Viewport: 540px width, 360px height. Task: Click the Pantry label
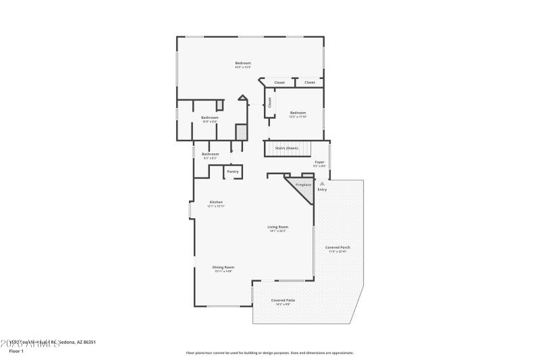(232, 172)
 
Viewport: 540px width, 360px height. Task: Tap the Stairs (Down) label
(287, 148)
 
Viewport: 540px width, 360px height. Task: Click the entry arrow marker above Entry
(322, 183)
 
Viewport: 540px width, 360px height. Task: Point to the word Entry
(322, 189)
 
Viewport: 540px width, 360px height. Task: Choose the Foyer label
(320, 162)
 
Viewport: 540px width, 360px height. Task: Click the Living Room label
(277, 227)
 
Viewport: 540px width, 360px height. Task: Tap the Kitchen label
(216, 202)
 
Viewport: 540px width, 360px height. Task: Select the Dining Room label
(223, 267)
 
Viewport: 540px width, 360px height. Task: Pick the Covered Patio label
(283, 300)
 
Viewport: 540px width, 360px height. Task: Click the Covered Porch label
(337, 247)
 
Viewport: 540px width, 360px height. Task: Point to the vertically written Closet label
(269, 103)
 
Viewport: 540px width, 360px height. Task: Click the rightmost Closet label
(309, 82)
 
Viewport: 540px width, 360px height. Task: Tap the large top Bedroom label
(243, 63)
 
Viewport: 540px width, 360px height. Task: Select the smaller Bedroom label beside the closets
(298, 113)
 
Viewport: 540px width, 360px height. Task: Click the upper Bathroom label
(209, 118)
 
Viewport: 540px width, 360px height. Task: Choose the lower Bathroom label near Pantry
(210, 154)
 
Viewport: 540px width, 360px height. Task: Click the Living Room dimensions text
(277, 231)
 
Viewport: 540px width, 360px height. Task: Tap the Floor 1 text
(16, 351)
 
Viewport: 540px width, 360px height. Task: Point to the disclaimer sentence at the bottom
(269, 353)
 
